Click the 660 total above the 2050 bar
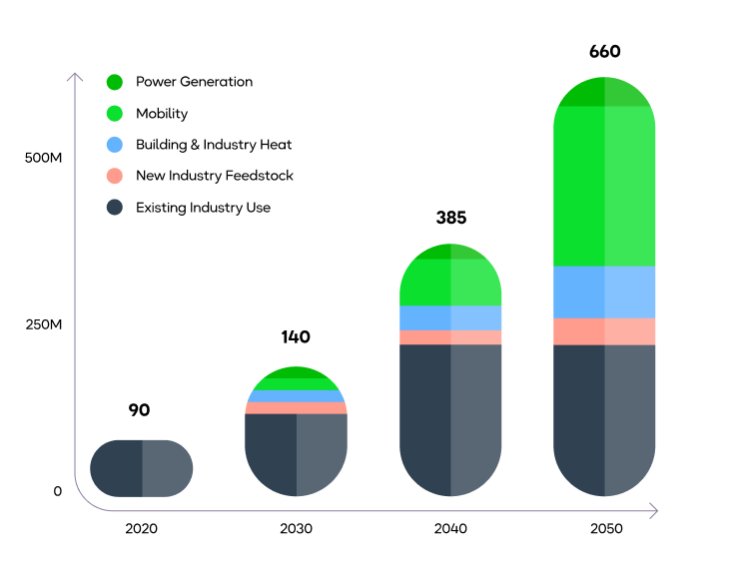point(605,52)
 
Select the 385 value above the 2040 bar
point(450,218)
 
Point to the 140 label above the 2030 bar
point(296,336)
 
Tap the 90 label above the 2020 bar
point(140,409)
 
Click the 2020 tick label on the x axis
point(141,528)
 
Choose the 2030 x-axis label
point(297,528)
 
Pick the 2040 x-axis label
point(450,528)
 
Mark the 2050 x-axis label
point(605,528)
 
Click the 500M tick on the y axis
point(44,159)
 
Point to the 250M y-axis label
point(44,324)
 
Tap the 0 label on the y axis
point(58,491)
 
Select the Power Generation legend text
point(195,82)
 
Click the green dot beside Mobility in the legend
point(115,114)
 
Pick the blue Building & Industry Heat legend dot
point(115,145)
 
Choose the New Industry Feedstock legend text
point(215,176)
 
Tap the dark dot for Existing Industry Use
point(115,208)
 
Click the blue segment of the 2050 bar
point(605,292)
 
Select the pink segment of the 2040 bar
point(450,337)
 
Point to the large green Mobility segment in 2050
point(605,186)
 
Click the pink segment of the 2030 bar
point(297,408)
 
